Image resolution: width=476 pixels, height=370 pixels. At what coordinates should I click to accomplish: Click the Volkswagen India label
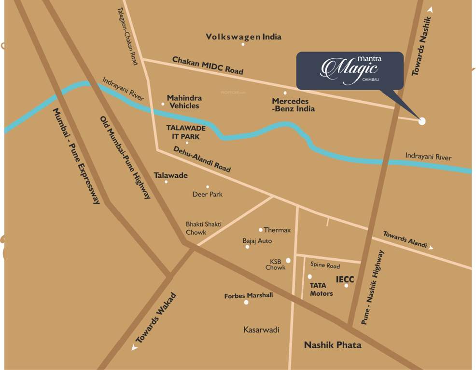(x=243, y=37)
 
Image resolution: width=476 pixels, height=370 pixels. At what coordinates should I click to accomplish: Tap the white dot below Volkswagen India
(x=243, y=44)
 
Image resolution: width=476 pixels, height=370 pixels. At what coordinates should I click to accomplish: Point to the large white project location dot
(x=422, y=121)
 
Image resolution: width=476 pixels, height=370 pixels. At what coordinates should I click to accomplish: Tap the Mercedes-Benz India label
(x=293, y=105)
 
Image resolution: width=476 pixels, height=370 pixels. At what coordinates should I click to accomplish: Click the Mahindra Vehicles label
(x=184, y=102)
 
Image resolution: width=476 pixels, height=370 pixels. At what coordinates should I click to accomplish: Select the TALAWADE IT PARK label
(x=186, y=132)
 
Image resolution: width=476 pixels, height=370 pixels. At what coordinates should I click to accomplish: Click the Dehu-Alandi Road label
(x=202, y=160)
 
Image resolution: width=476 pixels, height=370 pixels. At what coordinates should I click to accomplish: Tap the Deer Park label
(x=208, y=194)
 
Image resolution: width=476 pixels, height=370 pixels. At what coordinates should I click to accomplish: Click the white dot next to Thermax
(x=261, y=230)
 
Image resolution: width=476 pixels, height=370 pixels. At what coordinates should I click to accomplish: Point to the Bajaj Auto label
(x=257, y=240)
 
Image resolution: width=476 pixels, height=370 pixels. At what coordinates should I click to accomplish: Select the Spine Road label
(x=325, y=265)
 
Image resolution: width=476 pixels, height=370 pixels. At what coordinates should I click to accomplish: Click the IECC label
(x=345, y=279)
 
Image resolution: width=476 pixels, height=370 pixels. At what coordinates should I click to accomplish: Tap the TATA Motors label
(x=321, y=289)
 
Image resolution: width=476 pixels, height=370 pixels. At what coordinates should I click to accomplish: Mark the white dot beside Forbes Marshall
(x=246, y=303)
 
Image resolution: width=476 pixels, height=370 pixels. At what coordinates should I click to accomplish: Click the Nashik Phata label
(x=332, y=345)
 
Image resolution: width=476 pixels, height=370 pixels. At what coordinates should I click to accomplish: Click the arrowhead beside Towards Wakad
(x=134, y=348)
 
